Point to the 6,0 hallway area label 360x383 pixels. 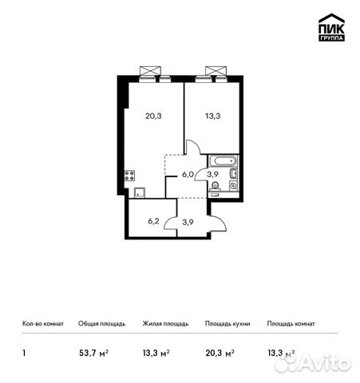pos(187,174)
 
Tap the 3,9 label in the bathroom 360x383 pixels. pos(213,174)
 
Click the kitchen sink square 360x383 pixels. pos(139,191)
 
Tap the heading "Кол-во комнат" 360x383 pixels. pos(41,324)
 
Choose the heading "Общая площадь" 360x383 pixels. pos(101,324)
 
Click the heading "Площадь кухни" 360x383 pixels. pos(227,324)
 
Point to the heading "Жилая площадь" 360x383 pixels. pos(165,324)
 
